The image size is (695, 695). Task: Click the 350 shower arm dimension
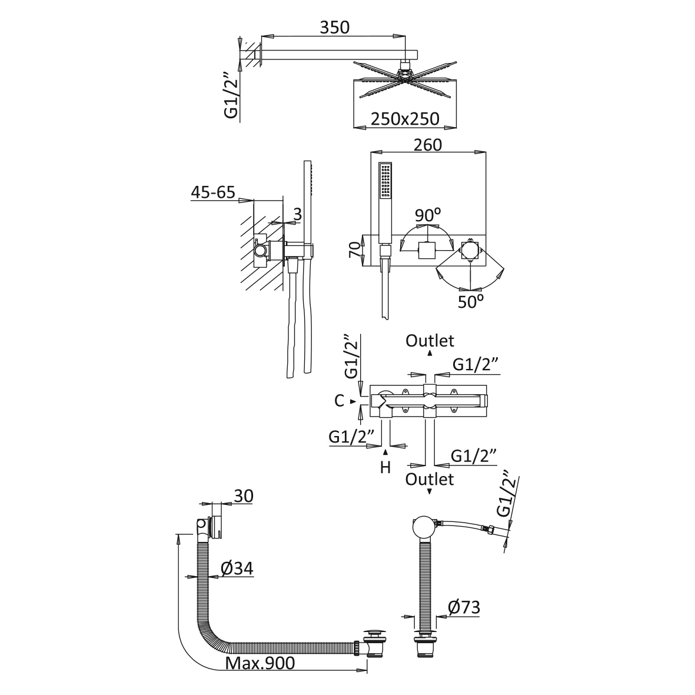point(335,27)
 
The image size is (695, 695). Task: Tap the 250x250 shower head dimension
point(405,119)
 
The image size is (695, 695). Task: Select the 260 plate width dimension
point(428,144)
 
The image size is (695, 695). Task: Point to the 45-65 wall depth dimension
point(212,192)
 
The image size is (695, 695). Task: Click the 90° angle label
point(427,215)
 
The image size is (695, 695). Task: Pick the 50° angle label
point(471,301)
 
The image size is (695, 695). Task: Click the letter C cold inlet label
point(339,401)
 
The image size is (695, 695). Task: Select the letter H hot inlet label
point(385,467)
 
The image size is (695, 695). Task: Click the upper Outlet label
point(430,341)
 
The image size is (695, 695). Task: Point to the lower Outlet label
point(430,479)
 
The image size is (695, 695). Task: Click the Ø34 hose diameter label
point(237,568)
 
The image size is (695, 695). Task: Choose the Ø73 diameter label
point(464,608)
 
